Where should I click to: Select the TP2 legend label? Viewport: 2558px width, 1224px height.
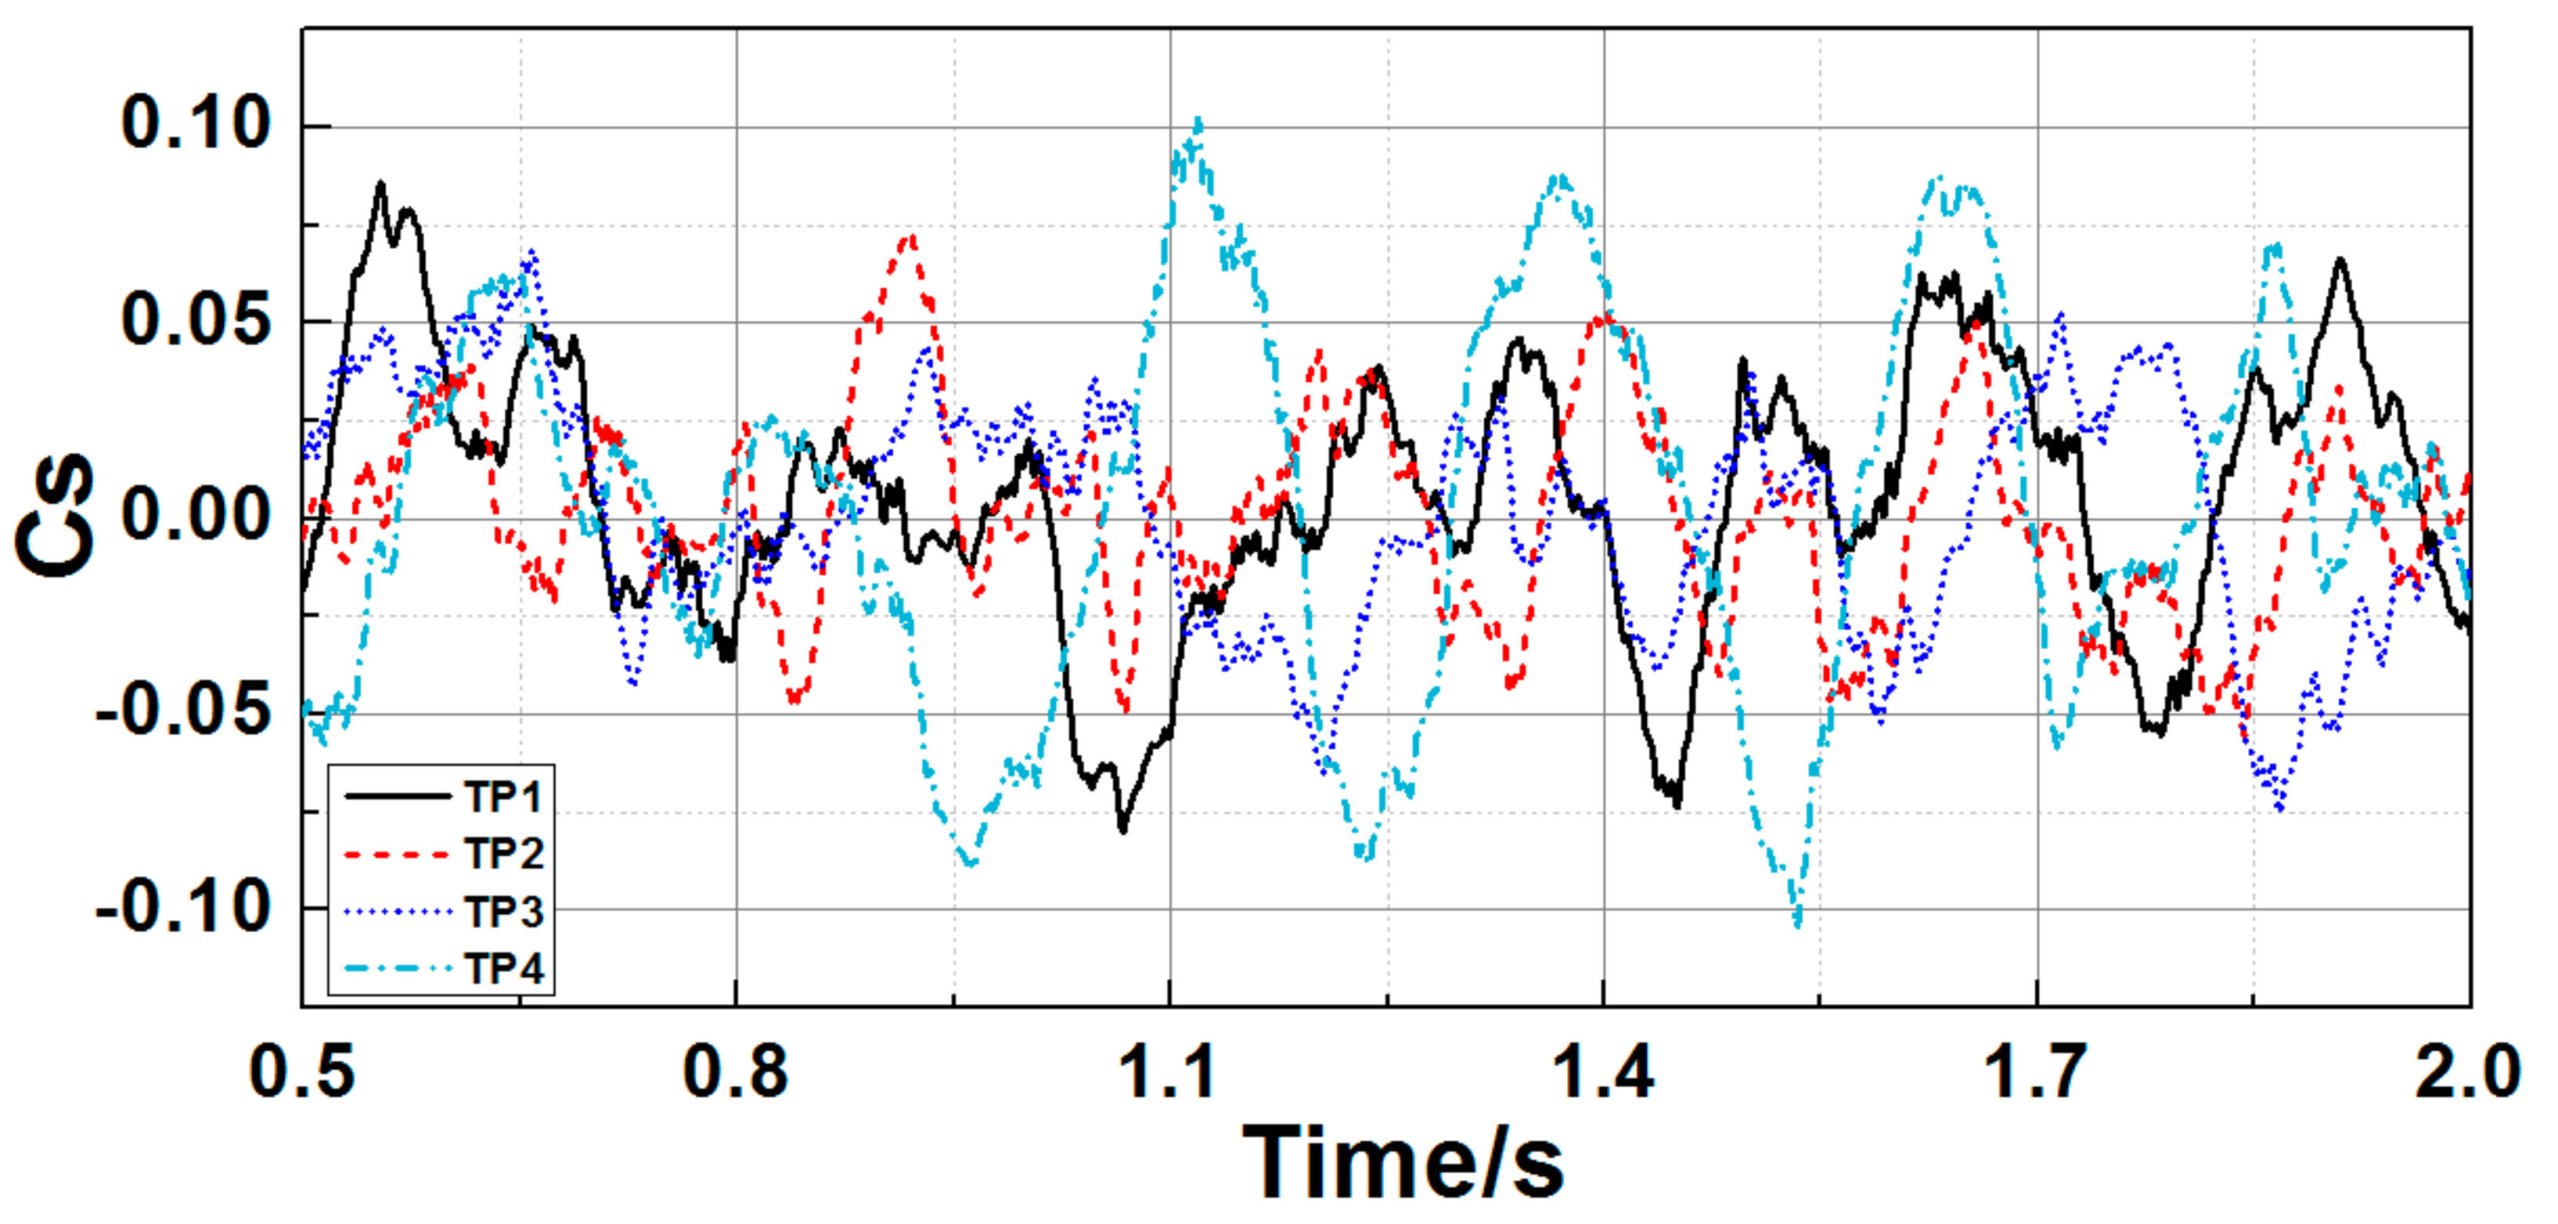tap(503, 854)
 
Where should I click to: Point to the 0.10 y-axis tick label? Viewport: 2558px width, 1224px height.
tap(196, 125)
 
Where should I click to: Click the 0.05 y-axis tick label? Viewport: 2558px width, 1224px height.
tap(196, 321)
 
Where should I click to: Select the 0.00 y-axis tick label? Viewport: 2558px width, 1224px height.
tap(196, 517)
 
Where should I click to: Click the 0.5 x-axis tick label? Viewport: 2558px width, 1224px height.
tap(302, 1073)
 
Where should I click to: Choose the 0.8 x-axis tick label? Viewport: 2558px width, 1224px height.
tap(736, 1073)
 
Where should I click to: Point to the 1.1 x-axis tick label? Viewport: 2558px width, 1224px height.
tap(1169, 1073)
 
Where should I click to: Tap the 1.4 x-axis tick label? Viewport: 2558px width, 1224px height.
tap(1603, 1073)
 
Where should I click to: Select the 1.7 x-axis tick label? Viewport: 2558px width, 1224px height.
tap(2037, 1073)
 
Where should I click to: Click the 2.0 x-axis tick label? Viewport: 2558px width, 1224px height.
tap(2469, 1073)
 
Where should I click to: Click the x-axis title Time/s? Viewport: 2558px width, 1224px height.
tap(1403, 1161)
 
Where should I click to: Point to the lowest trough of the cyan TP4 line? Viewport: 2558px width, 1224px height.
tap(1797, 923)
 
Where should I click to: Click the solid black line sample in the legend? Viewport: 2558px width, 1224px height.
tap(397, 796)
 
